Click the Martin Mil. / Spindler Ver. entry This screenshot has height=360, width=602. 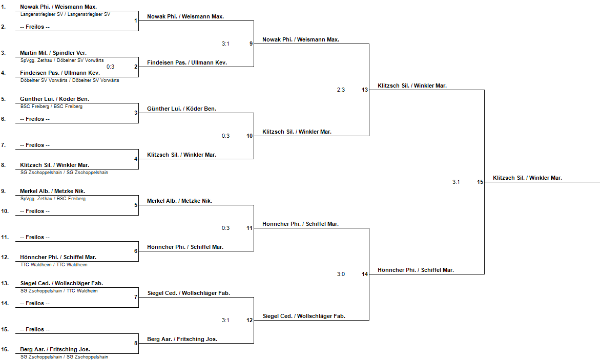point(53,53)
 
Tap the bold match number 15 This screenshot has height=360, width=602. point(480,182)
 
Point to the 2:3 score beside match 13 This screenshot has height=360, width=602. point(341,90)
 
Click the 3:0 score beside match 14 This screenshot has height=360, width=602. point(341,274)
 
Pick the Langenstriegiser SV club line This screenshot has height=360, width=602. point(65,14)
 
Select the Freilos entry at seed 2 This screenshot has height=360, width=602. point(35,27)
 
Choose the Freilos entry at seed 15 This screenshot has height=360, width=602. point(35,329)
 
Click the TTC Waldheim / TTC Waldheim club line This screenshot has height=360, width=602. point(54,265)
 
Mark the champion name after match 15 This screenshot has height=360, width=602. point(527,178)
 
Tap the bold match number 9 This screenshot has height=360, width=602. point(251,44)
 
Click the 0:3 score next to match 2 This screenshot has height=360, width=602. point(110,67)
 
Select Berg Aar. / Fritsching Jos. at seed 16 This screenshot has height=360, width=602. point(55,349)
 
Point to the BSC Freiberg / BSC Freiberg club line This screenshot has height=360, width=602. point(51,107)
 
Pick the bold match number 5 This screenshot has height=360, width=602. point(136,205)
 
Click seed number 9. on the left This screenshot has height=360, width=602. point(4,191)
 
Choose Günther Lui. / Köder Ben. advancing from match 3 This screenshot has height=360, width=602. point(181,109)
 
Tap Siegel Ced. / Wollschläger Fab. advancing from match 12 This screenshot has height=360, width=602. point(304,316)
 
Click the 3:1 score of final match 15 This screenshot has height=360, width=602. point(456,182)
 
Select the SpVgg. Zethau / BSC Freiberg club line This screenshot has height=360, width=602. point(53,199)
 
